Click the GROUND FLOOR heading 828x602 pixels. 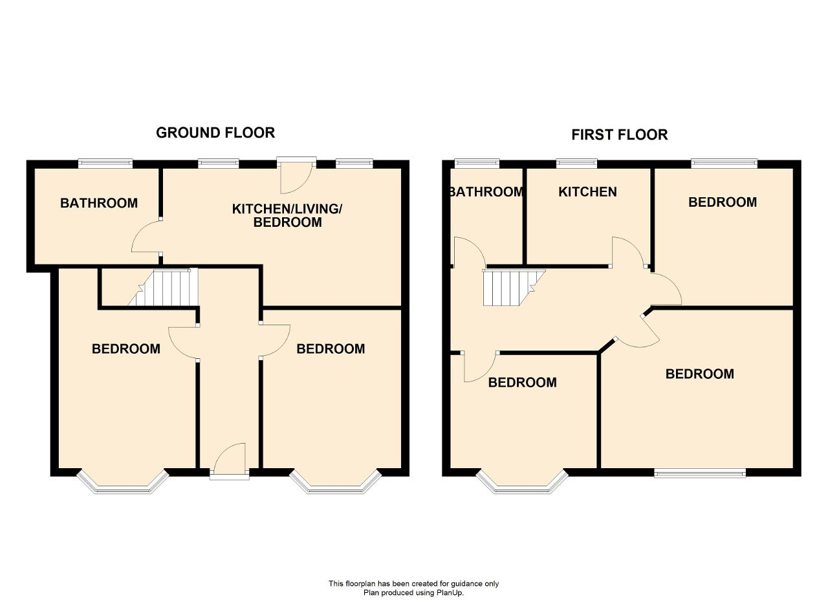tap(215, 133)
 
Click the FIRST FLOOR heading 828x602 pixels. tap(620, 134)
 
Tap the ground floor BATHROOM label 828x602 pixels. tap(99, 203)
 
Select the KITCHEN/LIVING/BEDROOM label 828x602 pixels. tap(287, 215)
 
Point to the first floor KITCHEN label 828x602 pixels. tap(587, 192)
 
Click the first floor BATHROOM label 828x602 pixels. tap(486, 192)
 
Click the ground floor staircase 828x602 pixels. tap(164, 287)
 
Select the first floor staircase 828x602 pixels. tap(514, 288)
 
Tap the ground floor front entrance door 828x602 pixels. tap(230, 461)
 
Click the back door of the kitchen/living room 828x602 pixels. tap(297, 175)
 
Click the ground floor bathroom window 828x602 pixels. tap(105, 164)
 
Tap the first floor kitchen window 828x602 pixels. tap(576, 164)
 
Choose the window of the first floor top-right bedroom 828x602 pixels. tap(724, 164)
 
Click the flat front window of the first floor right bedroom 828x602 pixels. tap(700, 473)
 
